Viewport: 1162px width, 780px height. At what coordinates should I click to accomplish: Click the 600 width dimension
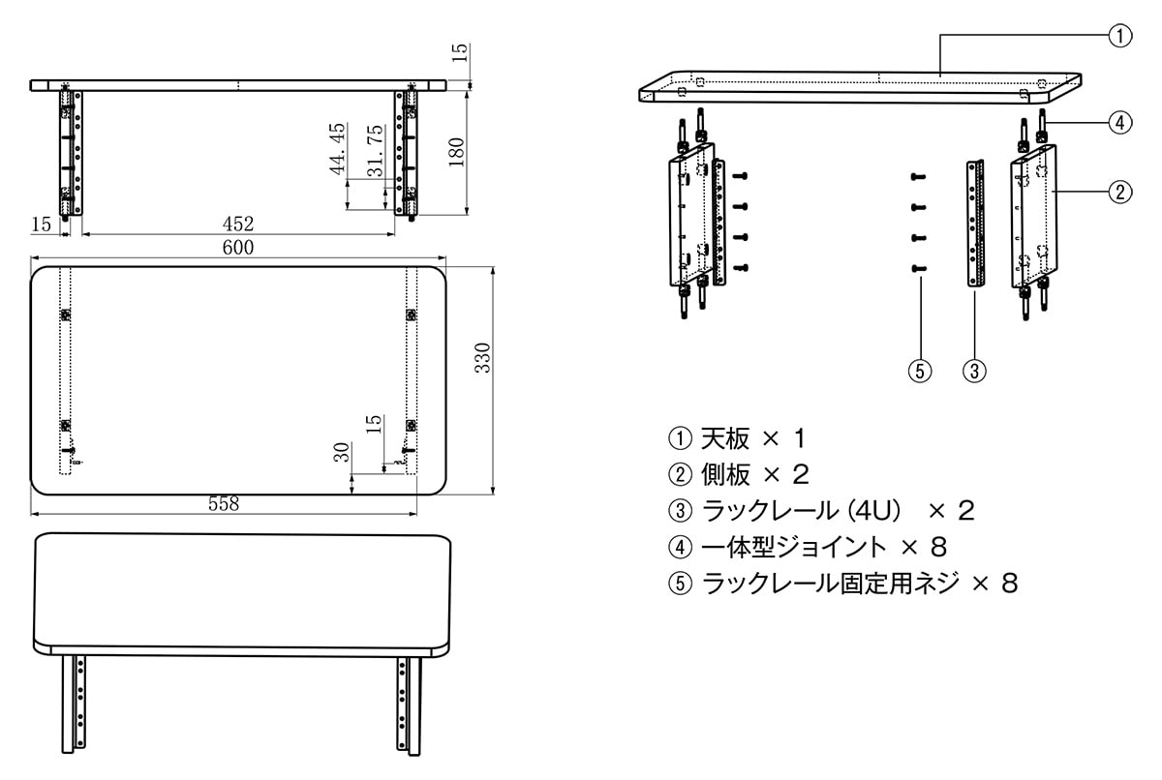[237, 248]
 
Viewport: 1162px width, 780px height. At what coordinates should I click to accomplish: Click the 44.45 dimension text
[337, 148]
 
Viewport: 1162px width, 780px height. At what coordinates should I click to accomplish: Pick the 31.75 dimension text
[374, 151]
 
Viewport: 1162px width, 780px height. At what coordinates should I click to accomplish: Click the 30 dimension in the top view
[341, 452]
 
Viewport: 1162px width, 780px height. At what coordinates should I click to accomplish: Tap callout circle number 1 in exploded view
[1118, 37]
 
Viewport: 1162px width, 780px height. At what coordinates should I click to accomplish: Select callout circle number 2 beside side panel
[1118, 191]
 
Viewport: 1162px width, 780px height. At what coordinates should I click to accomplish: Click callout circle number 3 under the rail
[975, 369]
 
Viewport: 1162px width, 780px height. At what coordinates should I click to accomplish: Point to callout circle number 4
[1118, 123]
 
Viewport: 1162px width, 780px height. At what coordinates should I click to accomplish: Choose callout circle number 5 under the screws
[920, 369]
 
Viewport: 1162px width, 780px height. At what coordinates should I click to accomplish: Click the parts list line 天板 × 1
[737, 438]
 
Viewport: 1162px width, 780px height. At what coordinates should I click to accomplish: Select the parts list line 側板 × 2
[739, 474]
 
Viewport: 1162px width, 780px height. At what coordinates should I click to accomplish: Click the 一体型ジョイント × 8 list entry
[807, 547]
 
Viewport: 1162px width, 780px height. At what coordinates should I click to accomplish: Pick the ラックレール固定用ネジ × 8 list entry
[842, 583]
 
